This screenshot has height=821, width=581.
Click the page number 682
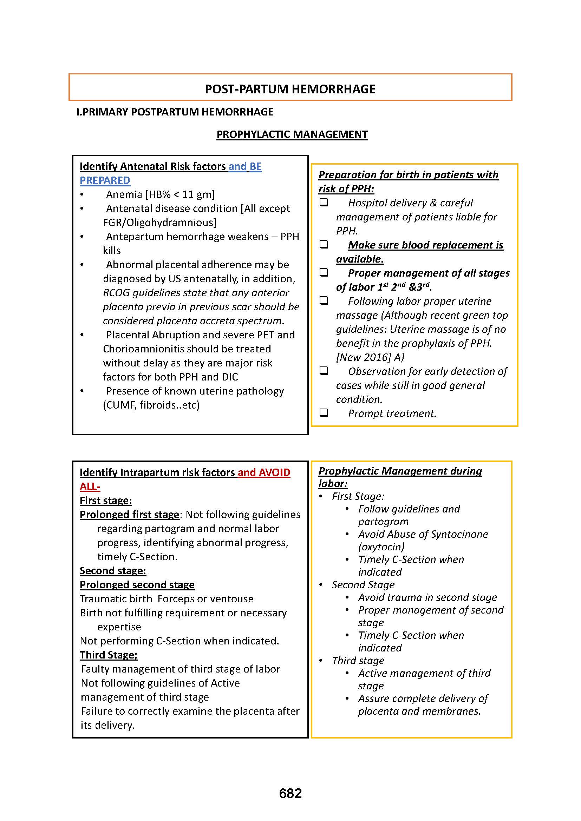[290, 794]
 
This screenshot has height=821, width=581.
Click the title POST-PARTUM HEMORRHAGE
[290, 89]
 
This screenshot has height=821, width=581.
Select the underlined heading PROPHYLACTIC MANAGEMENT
[292, 134]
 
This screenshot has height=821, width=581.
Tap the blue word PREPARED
[105, 180]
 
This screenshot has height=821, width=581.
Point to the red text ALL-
[90, 486]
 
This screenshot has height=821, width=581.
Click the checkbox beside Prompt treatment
[324, 413]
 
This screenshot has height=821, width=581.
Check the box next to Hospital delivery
[324, 202]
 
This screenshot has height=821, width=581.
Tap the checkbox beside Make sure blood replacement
[324, 244]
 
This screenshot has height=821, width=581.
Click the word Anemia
[124, 194]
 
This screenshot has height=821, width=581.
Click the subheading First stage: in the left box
[105, 501]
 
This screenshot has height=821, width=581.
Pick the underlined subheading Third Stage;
[109, 655]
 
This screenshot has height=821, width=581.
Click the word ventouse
[232, 599]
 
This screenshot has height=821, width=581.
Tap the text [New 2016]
[364, 357]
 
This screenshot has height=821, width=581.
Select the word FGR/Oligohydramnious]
[159, 223]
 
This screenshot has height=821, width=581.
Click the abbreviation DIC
[230, 377]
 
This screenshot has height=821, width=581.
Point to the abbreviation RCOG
[116, 293]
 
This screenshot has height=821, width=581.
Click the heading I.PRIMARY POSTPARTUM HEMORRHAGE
[175, 112]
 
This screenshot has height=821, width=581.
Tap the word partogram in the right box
[383, 522]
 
